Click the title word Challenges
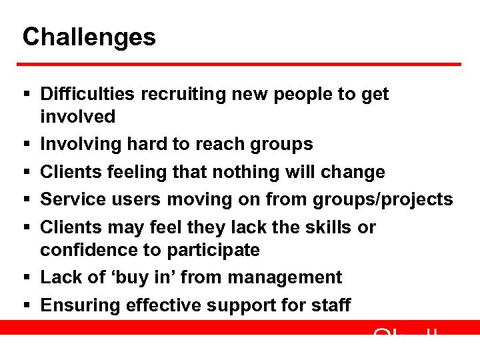(89, 37)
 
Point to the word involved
(77, 117)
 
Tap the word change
(353, 172)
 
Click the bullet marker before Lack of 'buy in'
(26, 278)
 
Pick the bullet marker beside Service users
(26, 200)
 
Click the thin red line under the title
(240, 64)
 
